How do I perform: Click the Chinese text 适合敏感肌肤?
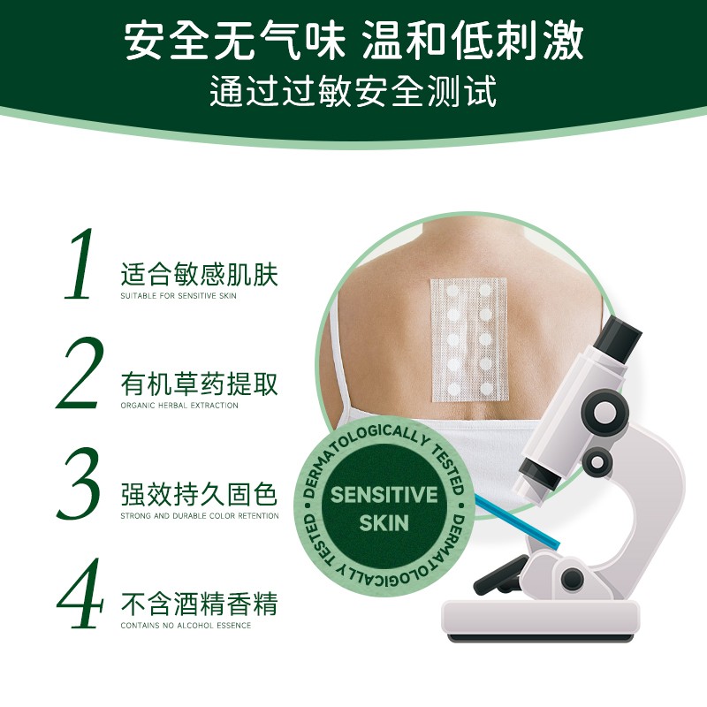[x=199, y=275]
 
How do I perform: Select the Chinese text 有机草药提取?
[x=199, y=384]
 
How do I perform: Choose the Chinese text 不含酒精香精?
[x=199, y=605]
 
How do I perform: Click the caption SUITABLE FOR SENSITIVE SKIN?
[x=179, y=296]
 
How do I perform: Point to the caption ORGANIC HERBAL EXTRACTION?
[x=179, y=406]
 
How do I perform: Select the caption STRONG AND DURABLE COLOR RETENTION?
[x=199, y=516]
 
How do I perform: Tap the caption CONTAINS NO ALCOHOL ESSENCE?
[x=186, y=626]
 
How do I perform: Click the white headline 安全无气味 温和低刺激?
[x=353, y=42]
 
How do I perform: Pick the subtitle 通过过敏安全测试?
[x=353, y=91]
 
